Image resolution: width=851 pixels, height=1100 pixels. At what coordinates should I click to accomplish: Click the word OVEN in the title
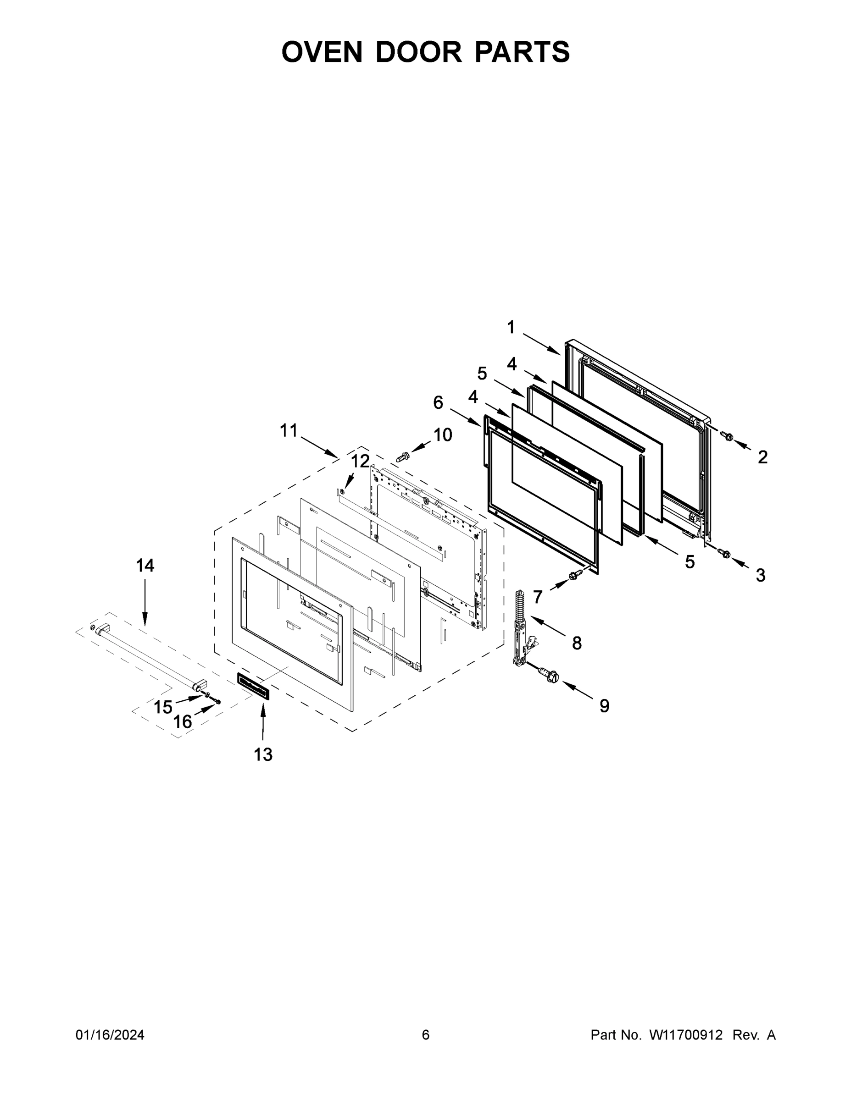click(322, 52)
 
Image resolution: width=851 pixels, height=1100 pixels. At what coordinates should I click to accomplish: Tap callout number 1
click(511, 327)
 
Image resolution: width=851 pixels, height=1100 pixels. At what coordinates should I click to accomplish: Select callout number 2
click(763, 457)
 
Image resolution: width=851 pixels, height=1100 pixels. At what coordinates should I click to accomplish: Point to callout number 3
click(760, 575)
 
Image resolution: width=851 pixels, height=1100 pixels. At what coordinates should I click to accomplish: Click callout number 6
click(438, 402)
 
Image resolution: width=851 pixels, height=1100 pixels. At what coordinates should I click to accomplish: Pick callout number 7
click(537, 597)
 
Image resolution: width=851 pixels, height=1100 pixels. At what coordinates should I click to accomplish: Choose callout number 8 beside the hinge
click(577, 643)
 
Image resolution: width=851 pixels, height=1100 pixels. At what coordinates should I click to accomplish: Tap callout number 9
click(604, 706)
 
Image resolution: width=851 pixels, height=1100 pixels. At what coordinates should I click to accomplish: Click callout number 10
click(443, 434)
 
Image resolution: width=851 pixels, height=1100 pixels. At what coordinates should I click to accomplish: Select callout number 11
click(289, 431)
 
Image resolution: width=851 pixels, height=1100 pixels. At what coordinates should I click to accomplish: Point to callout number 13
click(263, 754)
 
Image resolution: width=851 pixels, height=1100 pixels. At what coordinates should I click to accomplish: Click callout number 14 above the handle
click(145, 566)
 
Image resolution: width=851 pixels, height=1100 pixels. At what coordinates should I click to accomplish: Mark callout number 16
click(183, 722)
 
